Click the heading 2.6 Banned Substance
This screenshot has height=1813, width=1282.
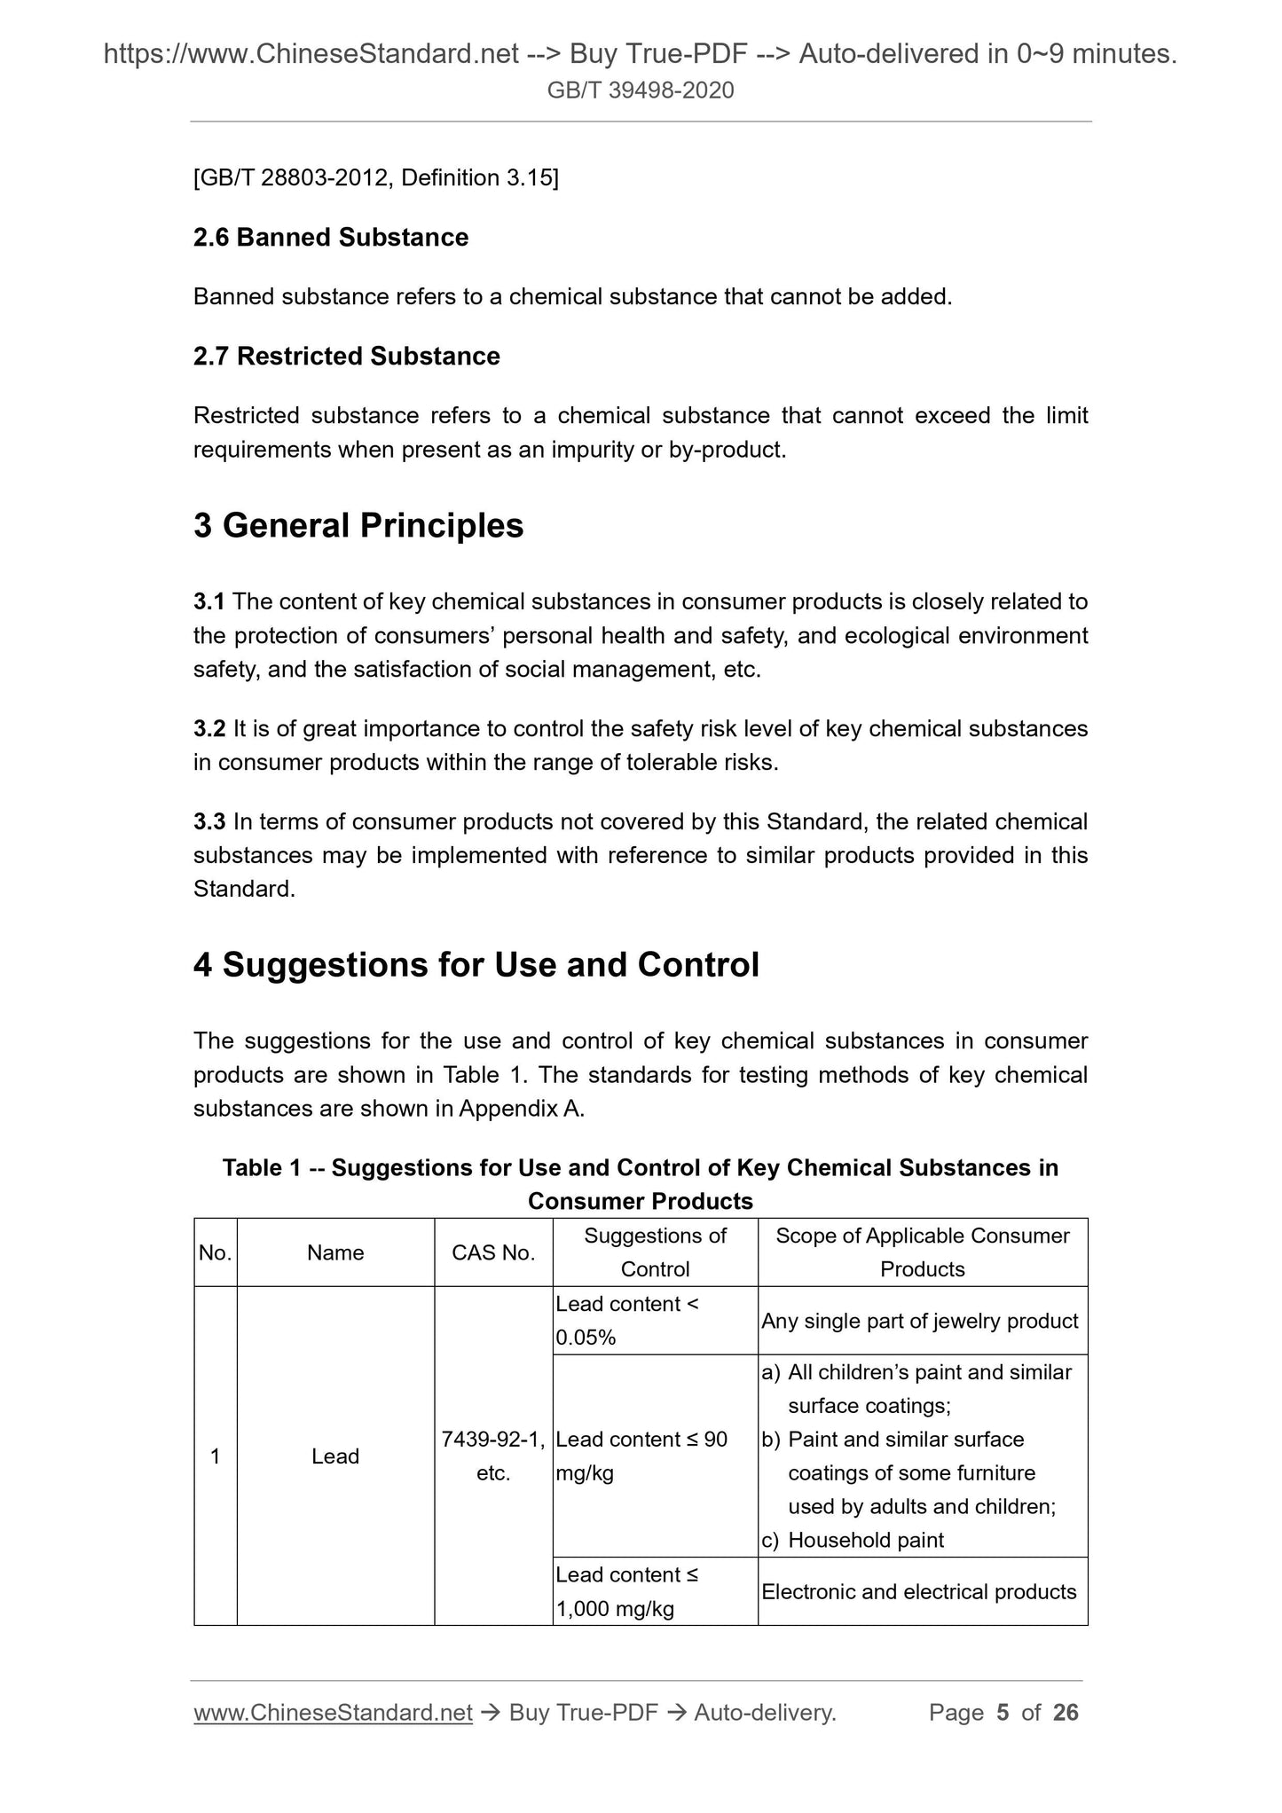(331, 238)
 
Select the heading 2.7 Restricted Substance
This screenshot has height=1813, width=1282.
(347, 357)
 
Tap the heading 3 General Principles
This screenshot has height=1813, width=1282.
(358, 526)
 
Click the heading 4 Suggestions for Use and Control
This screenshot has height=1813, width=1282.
(476, 965)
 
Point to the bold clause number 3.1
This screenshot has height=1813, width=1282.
(208, 602)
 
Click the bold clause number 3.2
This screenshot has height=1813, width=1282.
(208, 729)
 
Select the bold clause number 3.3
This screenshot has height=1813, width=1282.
(208, 822)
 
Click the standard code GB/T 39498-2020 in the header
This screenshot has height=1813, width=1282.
(641, 90)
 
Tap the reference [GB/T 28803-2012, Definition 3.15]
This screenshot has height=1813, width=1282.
(376, 178)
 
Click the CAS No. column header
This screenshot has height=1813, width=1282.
(493, 1252)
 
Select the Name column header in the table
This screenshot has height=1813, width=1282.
(335, 1252)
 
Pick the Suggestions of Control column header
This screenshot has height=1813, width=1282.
(655, 1252)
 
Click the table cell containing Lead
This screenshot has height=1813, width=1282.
(335, 1456)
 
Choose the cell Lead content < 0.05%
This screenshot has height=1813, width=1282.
(627, 1321)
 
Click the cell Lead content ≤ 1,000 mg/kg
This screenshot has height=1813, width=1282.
(627, 1591)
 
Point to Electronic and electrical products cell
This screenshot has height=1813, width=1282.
(919, 1592)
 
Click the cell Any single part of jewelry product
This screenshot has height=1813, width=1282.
(920, 1322)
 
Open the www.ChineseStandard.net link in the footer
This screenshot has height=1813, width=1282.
(333, 1713)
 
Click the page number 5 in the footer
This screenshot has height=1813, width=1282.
(1003, 1713)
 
